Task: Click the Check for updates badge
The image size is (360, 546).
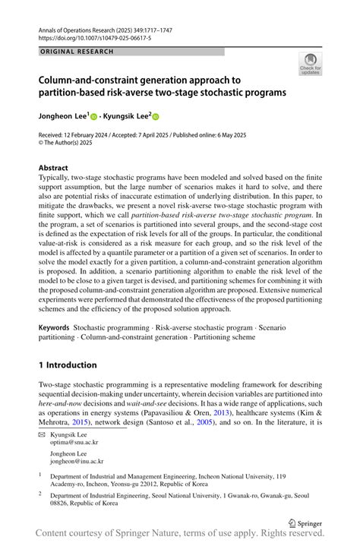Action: point(310,64)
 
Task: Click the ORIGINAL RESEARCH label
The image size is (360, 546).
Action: point(76,52)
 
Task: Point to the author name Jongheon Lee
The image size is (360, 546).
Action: point(62,117)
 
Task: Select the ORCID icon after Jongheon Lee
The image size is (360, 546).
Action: point(95,117)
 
